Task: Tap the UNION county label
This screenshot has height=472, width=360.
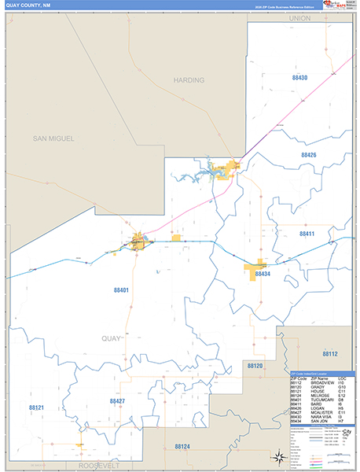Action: [300, 17]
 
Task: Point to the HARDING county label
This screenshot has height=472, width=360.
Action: [189, 80]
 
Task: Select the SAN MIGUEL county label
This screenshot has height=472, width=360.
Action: [53, 138]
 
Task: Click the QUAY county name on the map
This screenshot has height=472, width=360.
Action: [112, 338]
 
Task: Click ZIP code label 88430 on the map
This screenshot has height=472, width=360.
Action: [299, 78]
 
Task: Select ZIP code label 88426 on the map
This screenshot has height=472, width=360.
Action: [308, 156]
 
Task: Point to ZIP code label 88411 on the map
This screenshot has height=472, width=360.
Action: [307, 234]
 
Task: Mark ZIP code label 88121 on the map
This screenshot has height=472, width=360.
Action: [36, 407]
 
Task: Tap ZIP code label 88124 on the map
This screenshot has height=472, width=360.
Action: [182, 446]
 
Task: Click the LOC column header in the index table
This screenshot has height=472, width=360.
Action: [342, 378]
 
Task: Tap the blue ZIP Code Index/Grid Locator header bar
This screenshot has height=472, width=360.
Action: [321, 373]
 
